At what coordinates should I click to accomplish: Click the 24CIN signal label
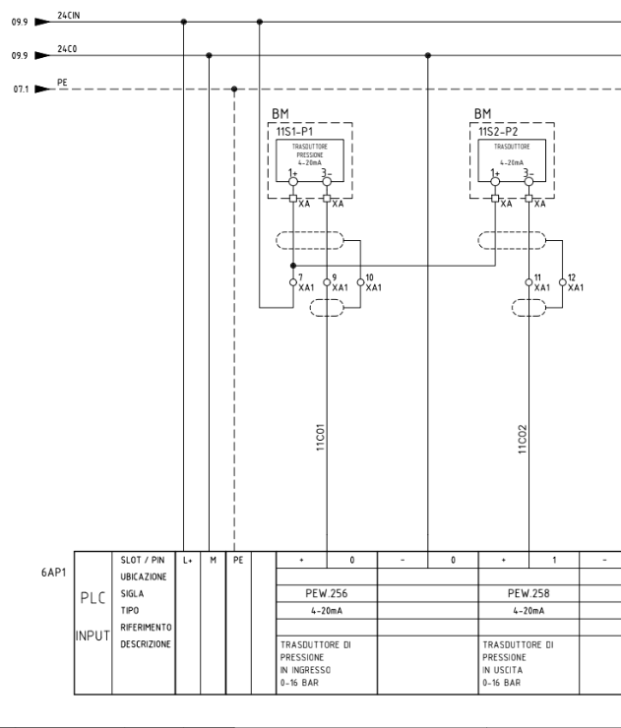coord(69,16)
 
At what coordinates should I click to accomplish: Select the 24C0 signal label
coord(67,49)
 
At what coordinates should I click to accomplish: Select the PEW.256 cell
coord(327,594)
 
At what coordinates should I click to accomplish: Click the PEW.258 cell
coord(530,594)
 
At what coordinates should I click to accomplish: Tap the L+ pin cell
coord(187,560)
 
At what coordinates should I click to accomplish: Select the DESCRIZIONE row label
coord(144,644)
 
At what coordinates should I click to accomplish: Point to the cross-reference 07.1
coord(18,90)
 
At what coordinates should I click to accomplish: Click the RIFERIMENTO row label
coord(144,628)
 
